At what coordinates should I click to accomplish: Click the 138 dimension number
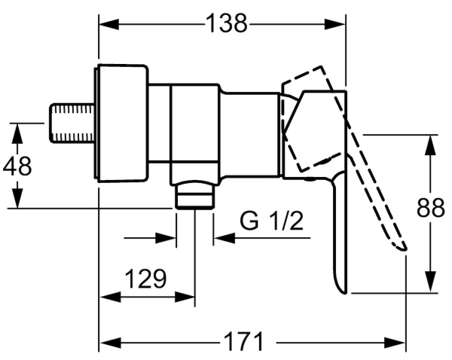(227, 23)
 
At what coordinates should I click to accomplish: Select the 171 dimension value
(244, 342)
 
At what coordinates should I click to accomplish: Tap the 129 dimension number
(146, 279)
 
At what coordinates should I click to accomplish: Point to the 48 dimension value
(17, 166)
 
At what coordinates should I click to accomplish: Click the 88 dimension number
(431, 207)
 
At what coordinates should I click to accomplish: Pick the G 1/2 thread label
(272, 221)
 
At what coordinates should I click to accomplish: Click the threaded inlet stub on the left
(72, 123)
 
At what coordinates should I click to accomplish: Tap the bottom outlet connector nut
(195, 195)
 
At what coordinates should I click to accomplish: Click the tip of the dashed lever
(405, 249)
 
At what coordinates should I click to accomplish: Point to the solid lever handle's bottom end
(345, 292)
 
